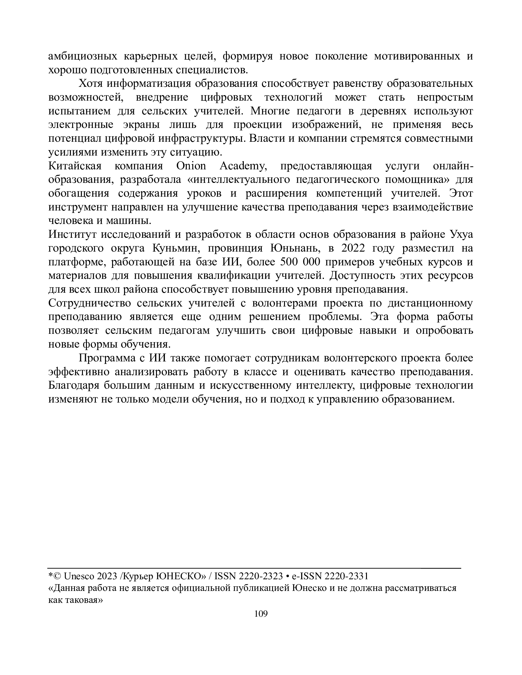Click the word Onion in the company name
(191, 166)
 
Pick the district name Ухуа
(461, 235)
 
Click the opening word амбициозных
(83, 56)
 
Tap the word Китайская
(75, 166)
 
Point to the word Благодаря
(73, 385)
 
